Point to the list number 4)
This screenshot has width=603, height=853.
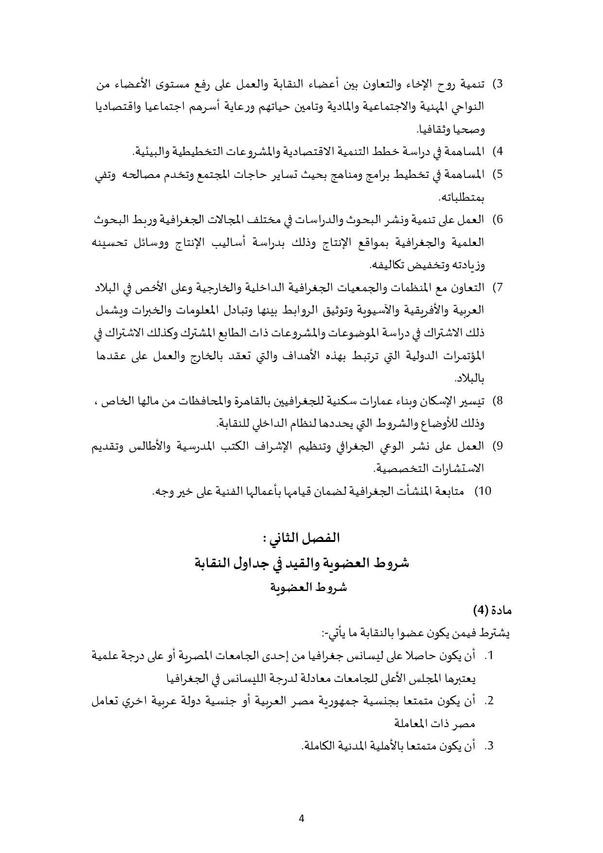click(498, 152)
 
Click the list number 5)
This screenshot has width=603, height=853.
click(498, 174)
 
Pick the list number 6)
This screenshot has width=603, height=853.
click(498, 220)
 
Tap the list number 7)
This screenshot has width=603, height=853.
click(498, 288)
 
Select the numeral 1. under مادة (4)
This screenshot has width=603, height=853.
click(489, 657)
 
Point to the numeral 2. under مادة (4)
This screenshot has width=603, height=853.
click(489, 702)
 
